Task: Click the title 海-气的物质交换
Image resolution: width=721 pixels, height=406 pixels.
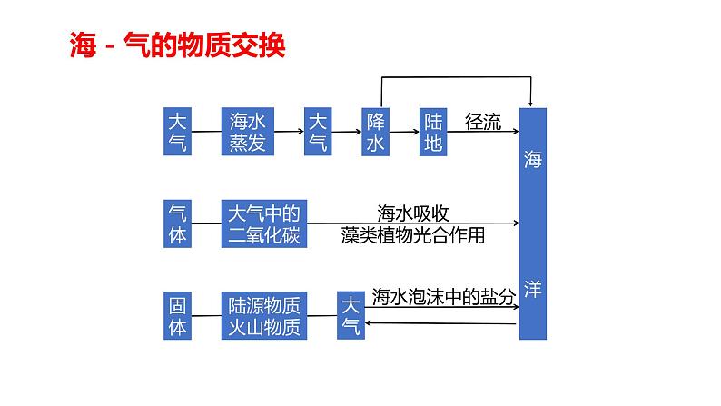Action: pyautogui.click(x=177, y=45)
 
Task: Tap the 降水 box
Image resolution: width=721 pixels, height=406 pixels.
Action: pyautogui.click(x=375, y=132)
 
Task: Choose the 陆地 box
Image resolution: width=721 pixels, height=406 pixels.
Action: pyautogui.click(x=432, y=132)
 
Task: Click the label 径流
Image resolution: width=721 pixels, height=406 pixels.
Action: pyautogui.click(x=482, y=122)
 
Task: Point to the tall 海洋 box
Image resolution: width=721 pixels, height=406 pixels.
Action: pyautogui.click(x=533, y=223)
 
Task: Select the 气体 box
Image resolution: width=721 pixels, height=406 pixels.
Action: pyautogui.click(x=178, y=223)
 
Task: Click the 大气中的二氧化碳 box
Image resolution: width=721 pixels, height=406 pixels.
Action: pyautogui.click(x=263, y=223)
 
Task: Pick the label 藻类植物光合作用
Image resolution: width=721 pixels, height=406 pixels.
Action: pyautogui.click(x=413, y=236)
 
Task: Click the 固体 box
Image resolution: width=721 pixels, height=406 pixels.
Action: pyautogui.click(x=178, y=315)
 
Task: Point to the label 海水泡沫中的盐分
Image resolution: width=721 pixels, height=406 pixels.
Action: pyautogui.click(x=444, y=297)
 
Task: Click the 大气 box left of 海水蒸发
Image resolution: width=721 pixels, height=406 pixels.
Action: pyautogui.click(x=178, y=132)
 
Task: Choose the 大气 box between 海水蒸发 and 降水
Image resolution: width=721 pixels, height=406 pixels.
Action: pyautogui.click(x=317, y=132)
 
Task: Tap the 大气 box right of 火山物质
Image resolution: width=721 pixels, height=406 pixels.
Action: pyautogui.click(x=350, y=315)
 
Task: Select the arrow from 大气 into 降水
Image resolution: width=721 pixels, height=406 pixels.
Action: pyautogui.click(x=346, y=132)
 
